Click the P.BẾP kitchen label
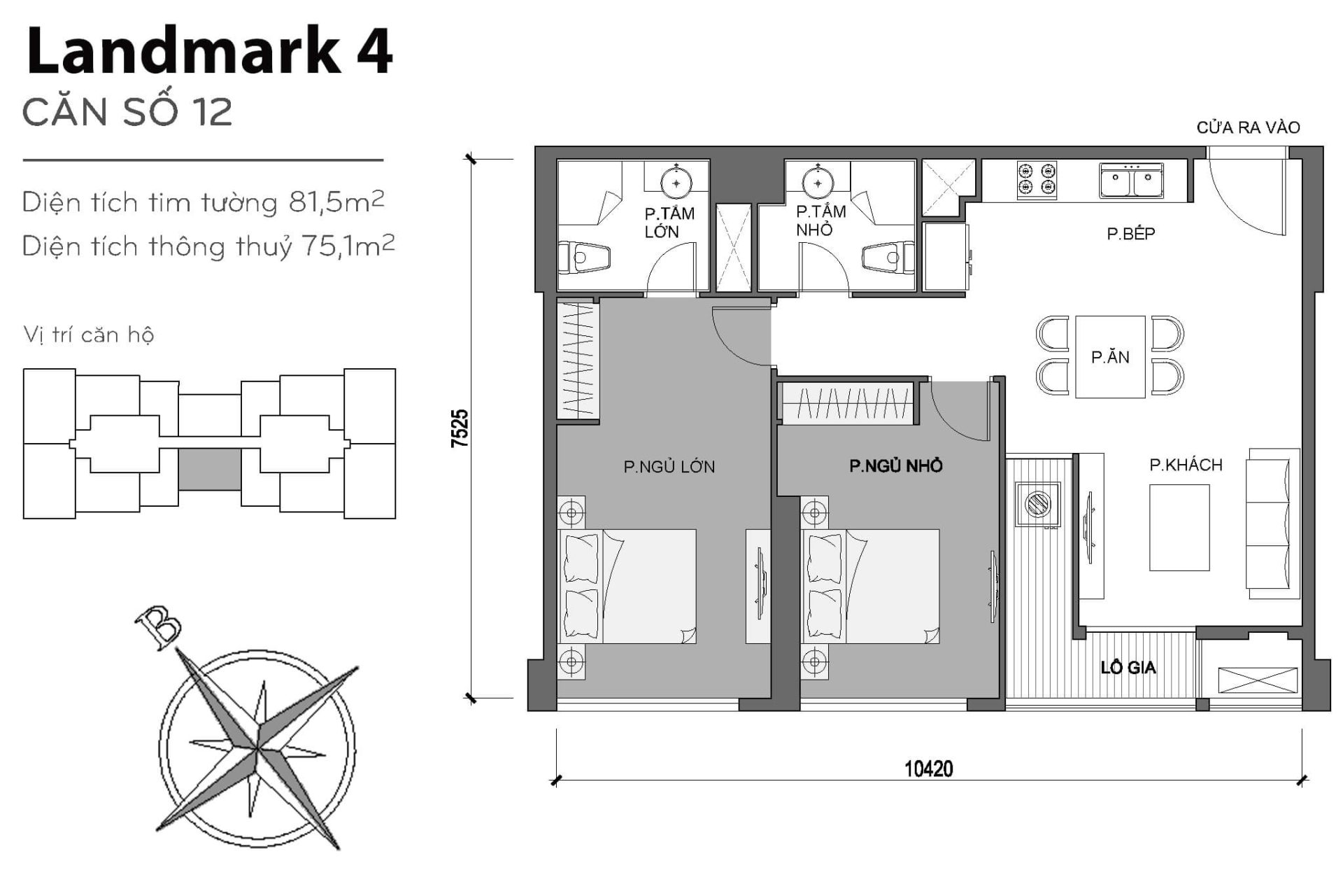point(1130,234)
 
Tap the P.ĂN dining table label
point(1110,358)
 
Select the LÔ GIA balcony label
point(1128,668)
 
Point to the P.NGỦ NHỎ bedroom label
point(895,466)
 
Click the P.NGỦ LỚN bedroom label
point(669,467)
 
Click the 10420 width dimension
point(928,769)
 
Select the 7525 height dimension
point(460,428)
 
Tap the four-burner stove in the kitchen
point(1037,179)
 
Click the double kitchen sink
point(1131,180)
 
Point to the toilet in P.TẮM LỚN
point(582,258)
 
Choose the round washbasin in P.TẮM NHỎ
point(817,183)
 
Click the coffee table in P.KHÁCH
point(1179,528)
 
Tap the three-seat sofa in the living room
point(1272,524)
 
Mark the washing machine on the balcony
point(1038,504)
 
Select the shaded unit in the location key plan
point(209,470)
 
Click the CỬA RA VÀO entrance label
point(1248,128)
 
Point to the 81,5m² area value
point(336,202)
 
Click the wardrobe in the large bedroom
point(578,360)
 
